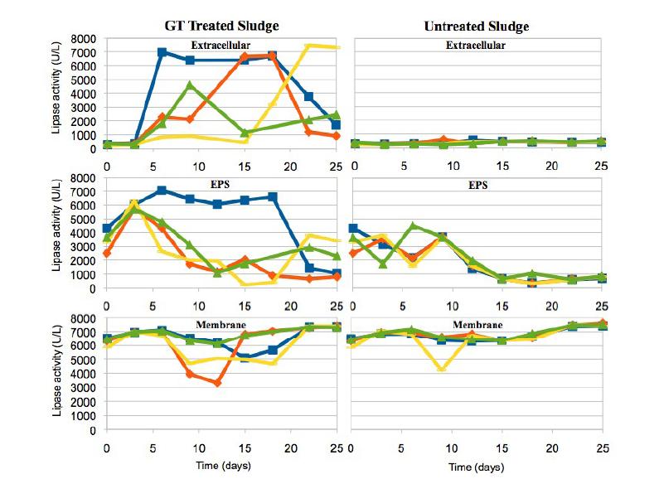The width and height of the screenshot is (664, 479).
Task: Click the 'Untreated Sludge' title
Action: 477,27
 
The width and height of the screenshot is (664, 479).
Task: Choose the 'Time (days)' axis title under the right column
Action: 477,467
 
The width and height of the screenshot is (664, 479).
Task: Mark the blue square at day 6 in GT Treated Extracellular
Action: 162,52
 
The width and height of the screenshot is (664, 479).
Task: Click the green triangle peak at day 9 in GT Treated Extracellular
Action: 191,85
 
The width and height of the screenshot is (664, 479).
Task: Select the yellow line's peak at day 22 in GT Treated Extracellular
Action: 308,46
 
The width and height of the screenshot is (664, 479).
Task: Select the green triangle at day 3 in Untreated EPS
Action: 384,264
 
